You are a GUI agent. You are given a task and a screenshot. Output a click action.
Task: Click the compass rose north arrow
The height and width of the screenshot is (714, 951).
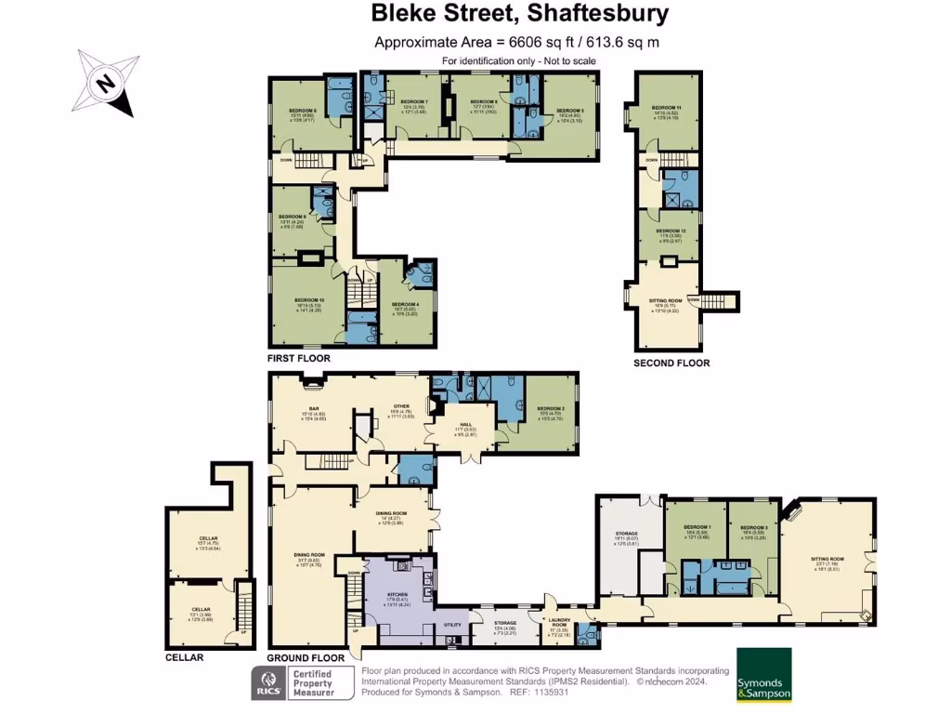point(109,86)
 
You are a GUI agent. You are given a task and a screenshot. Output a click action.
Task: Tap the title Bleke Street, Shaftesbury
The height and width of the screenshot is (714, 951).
point(519,14)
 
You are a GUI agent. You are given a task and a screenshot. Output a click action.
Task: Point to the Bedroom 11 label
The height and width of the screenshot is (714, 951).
point(666,108)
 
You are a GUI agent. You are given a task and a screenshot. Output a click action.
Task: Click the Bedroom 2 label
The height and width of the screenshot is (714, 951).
point(551,408)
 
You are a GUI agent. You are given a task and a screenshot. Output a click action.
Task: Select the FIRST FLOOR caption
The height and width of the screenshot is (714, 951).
point(298,358)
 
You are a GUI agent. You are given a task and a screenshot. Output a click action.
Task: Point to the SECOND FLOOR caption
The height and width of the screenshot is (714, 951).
point(671,363)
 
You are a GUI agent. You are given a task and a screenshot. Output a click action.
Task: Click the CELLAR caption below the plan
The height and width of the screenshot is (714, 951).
point(184,657)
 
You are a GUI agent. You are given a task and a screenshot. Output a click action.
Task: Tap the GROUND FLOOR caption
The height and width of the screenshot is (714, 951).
point(306,657)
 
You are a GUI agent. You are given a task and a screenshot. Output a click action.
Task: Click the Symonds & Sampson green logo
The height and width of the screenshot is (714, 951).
point(763,674)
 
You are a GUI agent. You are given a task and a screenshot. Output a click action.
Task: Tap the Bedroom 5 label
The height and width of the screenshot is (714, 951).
point(569,111)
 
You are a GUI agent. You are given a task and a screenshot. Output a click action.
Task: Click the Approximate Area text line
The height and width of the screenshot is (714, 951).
point(516,42)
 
